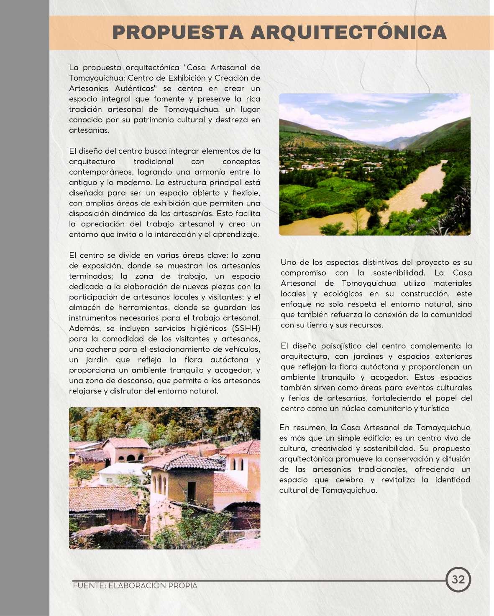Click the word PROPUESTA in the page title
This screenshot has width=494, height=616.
pos(177,33)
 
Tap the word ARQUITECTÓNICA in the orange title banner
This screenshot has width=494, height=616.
pos(348,33)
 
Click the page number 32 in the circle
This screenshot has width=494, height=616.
pos(458,579)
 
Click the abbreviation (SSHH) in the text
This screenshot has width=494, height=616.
pos(246,328)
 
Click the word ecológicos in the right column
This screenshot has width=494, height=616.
pos(343,294)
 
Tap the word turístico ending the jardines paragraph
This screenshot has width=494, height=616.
pos(433,408)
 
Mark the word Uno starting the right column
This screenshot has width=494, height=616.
pos(288,262)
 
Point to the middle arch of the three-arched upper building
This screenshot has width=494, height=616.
pos(130,458)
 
